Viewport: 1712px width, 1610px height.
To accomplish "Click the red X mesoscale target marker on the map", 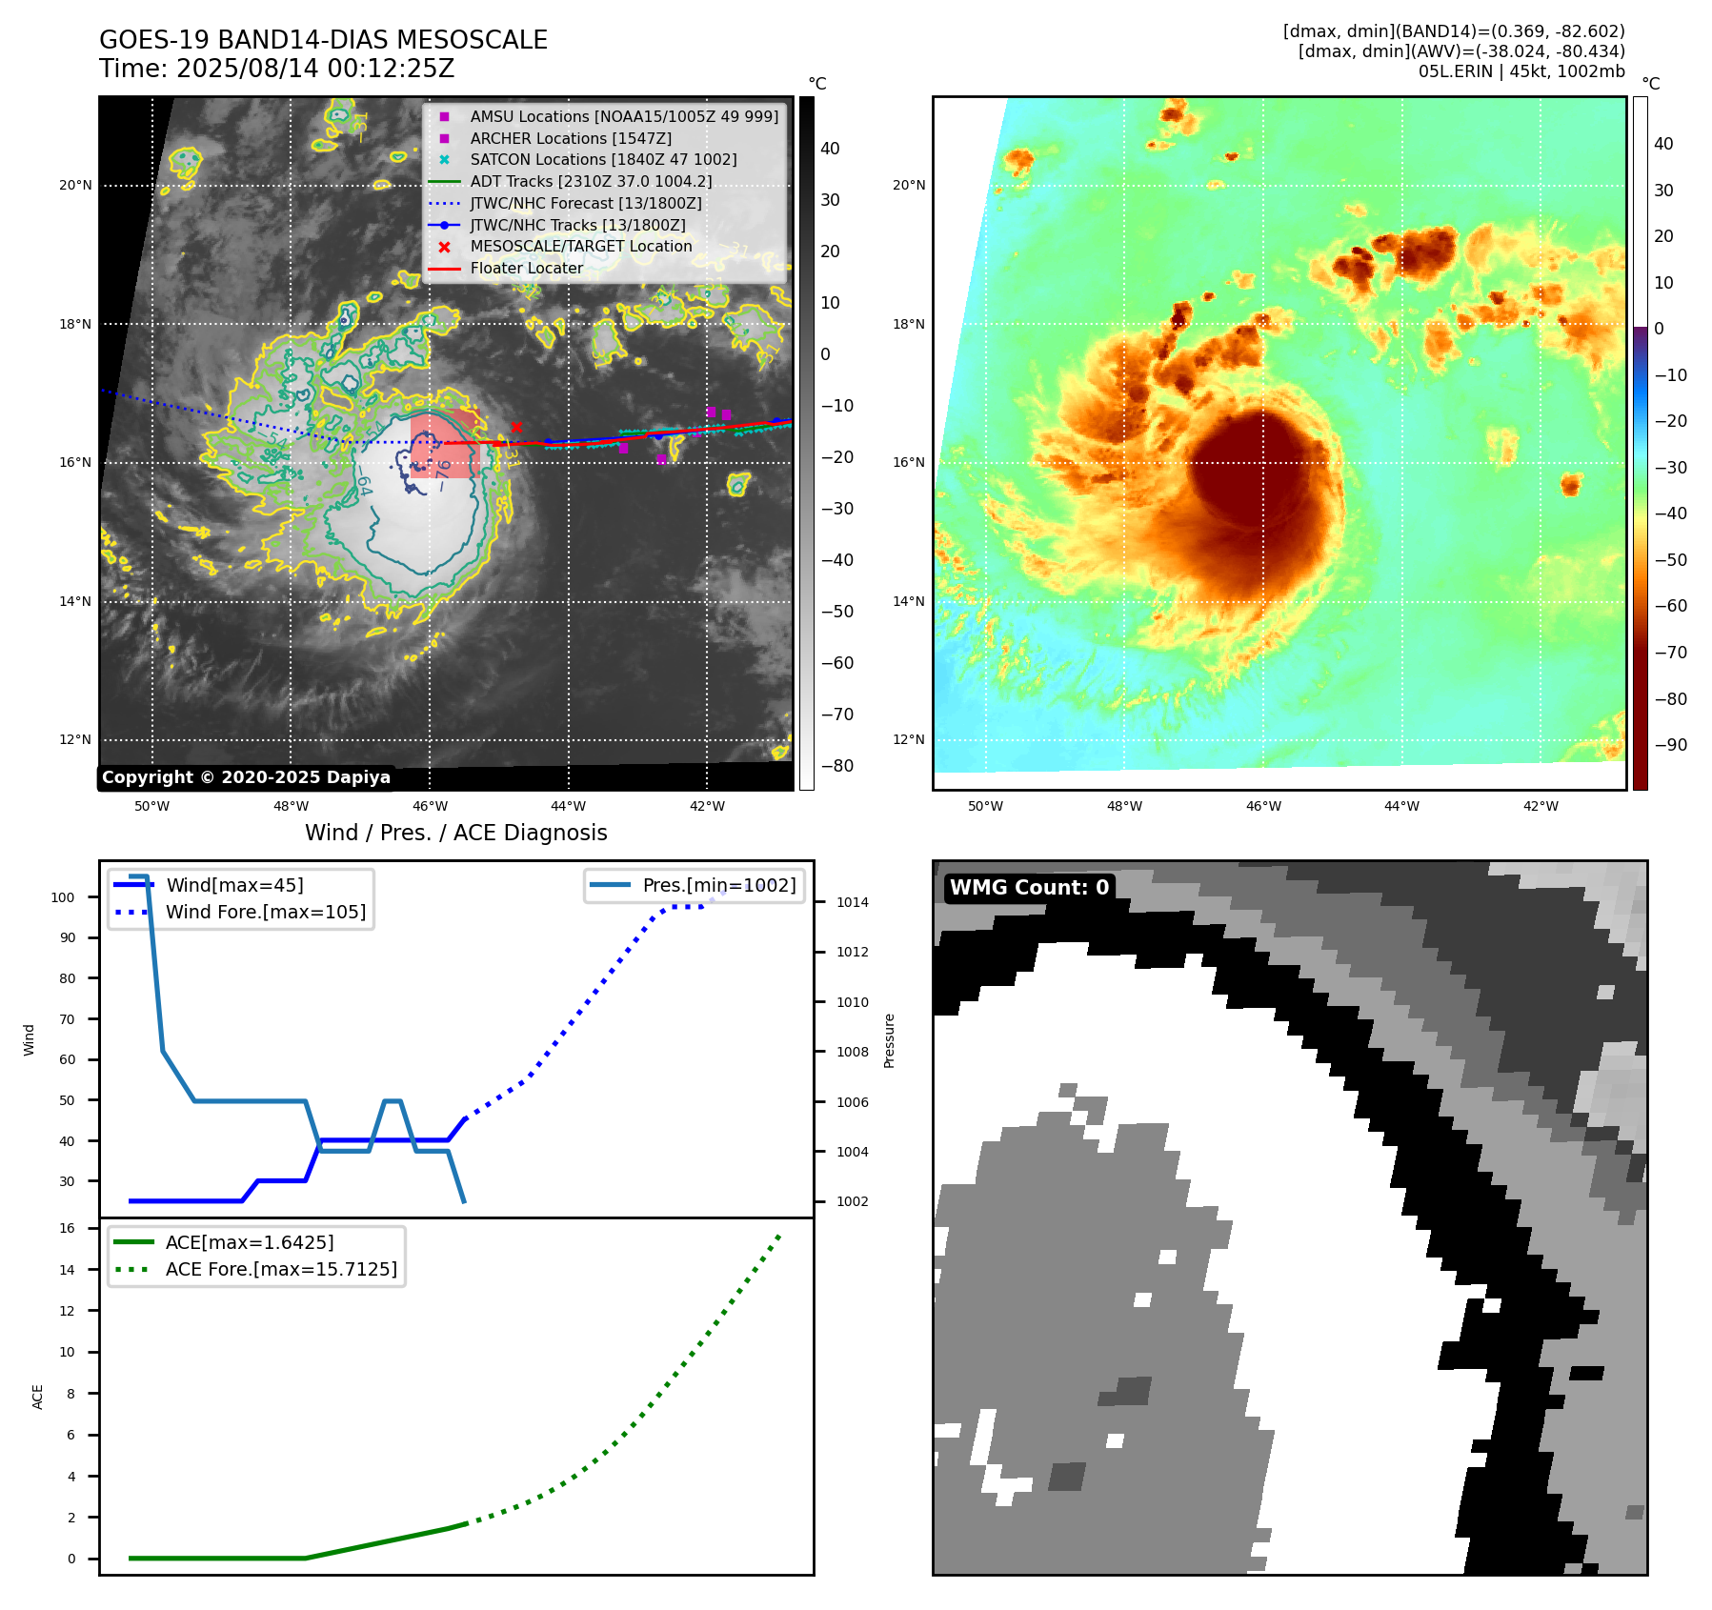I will [516, 427].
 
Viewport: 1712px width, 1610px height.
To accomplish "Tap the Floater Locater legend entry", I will [526, 269].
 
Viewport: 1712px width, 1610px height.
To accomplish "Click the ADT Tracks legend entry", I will [591, 181].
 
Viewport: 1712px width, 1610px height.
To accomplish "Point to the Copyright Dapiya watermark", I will [246, 777].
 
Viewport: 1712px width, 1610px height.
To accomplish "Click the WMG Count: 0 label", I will [1029, 887].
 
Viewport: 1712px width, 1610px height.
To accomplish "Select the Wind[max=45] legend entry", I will [234, 885].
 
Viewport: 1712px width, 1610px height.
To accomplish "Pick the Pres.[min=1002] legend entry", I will [719, 885].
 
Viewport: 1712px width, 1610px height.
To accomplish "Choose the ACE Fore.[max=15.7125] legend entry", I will [281, 1269].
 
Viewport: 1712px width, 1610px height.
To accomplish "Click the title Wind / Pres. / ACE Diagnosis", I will [455, 833].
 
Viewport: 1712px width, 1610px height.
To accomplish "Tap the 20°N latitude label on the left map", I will [75, 185].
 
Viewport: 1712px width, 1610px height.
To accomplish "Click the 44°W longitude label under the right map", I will [1401, 806].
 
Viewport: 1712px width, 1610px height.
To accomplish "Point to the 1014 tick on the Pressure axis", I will [853, 902].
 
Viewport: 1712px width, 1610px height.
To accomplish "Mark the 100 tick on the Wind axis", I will [63, 897].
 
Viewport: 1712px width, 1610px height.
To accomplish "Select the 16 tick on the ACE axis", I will [67, 1228].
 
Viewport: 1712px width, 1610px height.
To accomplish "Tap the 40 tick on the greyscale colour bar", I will [830, 149].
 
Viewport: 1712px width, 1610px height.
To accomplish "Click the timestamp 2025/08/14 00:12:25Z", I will [315, 70].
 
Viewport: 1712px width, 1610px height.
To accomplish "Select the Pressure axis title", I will [889, 1040].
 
